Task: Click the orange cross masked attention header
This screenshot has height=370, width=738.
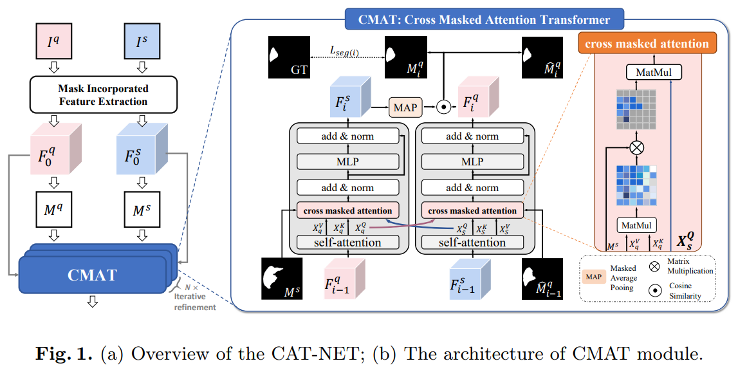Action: point(648,44)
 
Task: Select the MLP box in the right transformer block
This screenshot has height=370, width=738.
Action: point(472,161)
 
